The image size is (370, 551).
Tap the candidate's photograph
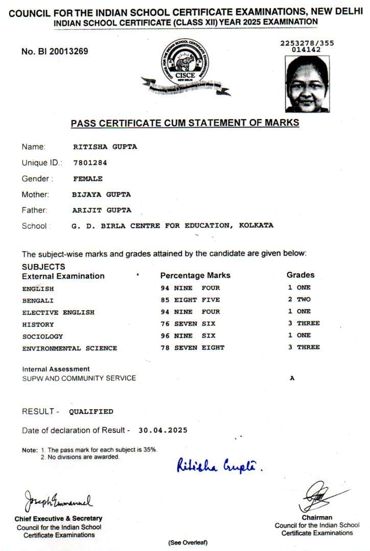tap(307, 84)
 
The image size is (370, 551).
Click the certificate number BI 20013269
tap(55, 51)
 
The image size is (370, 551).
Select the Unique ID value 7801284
tap(90, 163)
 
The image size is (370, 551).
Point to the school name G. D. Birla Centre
tap(173, 226)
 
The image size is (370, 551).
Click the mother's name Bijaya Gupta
tap(102, 194)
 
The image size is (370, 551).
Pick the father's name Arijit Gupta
tap(102, 210)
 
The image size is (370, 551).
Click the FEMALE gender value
tap(88, 179)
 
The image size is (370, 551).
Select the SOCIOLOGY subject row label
tap(42, 336)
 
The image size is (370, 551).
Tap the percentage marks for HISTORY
tap(188, 324)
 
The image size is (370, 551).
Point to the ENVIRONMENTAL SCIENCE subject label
tap(70, 348)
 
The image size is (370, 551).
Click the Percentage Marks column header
tap(195, 275)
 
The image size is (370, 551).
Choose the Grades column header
tap(300, 275)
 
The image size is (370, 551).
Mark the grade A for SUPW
tap(292, 379)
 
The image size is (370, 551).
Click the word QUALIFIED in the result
tap(91, 411)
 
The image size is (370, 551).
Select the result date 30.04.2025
tap(163, 430)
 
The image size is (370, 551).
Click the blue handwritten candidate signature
tap(219, 466)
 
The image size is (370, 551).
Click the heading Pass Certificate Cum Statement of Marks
tap(184, 123)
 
